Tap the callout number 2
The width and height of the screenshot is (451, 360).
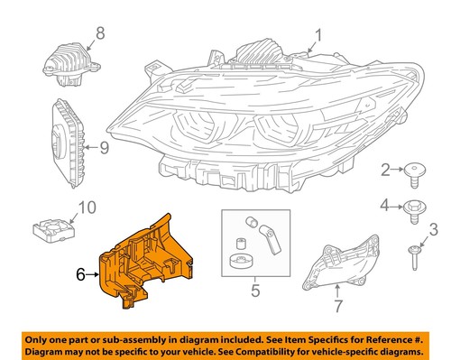[x=385, y=169]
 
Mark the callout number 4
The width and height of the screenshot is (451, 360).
[x=385, y=206]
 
